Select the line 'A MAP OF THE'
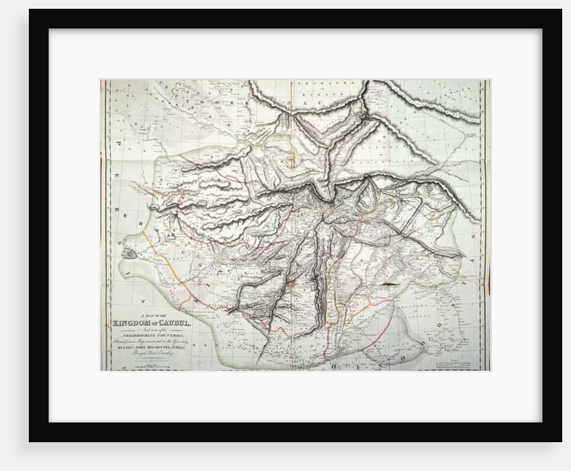[x=152, y=316]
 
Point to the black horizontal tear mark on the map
[x=388, y=286]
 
